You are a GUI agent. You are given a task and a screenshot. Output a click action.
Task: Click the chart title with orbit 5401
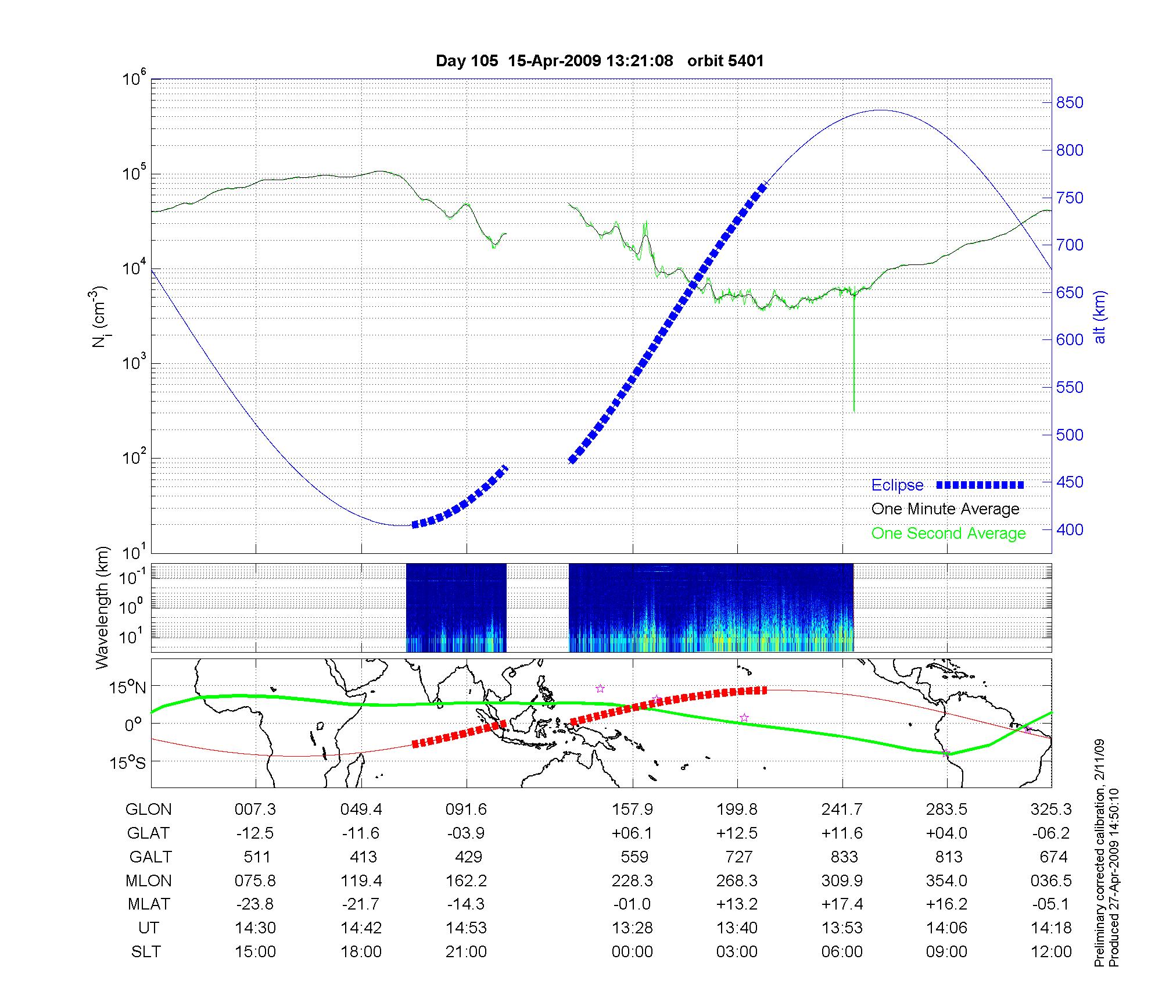pyautogui.click(x=600, y=61)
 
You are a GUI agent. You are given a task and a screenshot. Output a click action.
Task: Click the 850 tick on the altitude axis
pyautogui.click(x=1070, y=103)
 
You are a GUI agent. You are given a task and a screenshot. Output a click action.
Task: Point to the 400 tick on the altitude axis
pyautogui.click(x=1070, y=529)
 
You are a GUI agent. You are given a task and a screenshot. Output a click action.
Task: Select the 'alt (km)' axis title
pyautogui.click(x=1100, y=317)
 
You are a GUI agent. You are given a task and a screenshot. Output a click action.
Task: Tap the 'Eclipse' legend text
pyautogui.click(x=897, y=485)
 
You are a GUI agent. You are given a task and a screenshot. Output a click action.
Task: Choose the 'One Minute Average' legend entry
pyautogui.click(x=945, y=509)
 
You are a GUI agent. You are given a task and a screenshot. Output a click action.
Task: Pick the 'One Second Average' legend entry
pyautogui.click(x=948, y=534)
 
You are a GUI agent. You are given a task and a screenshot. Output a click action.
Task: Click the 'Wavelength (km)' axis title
pyautogui.click(x=103, y=607)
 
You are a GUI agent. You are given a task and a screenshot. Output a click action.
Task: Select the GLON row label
pyautogui.click(x=149, y=810)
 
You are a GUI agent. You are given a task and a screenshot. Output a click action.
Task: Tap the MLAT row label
pyautogui.click(x=149, y=904)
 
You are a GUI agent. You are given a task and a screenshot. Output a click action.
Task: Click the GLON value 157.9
pyautogui.click(x=632, y=810)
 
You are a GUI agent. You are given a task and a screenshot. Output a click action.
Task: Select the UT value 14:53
pyautogui.click(x=466, y=928)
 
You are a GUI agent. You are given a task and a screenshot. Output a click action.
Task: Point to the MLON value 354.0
pyautogui.click(x=947, y=881)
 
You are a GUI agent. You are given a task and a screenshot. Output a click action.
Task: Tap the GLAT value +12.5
pyautogui.click(x=737, y=833)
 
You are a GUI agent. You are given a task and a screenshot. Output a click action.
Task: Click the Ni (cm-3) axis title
pyautogui.click(x=101, y=317)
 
